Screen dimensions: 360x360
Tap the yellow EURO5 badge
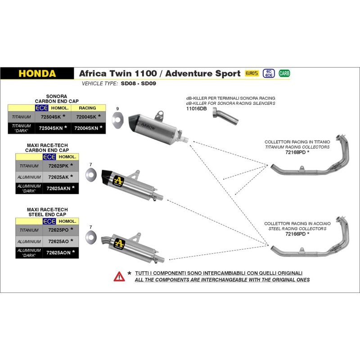252,73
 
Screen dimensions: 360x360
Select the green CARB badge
284,73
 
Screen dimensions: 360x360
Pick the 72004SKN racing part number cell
87,128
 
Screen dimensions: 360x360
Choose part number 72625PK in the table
57,166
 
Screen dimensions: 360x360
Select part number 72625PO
57,230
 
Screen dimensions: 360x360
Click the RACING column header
87,108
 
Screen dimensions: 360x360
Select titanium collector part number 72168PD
296,153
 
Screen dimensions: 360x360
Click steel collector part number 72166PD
295,234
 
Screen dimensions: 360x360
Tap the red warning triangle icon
119,276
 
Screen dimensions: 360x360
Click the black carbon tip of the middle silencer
108,174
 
